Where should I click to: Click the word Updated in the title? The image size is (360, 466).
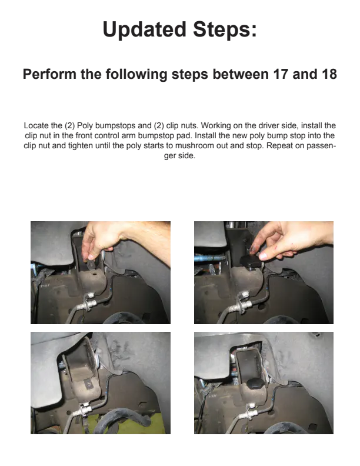pos(144,30)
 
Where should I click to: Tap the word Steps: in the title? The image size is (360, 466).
pos(225,29)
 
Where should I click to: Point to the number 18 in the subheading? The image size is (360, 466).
pos(329,74)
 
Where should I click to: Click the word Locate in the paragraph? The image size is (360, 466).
pos(34,126)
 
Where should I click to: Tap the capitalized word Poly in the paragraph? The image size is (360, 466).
pos(85,126)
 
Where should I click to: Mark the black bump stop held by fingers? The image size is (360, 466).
pos(251,262)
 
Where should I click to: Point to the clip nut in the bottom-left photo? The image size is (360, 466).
pos(89,385)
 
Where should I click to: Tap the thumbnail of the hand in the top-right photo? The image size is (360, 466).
pos(263,255)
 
